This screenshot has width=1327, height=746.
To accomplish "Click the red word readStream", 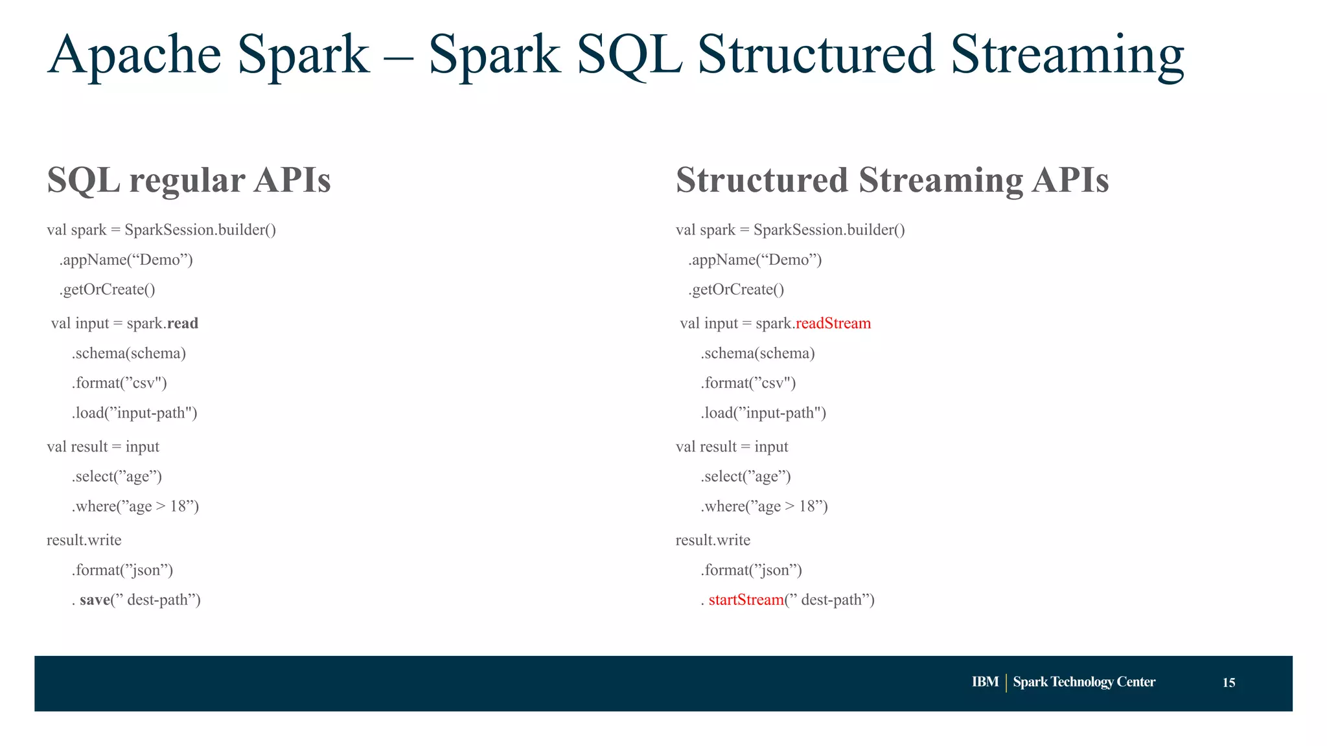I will [x=833, y=323].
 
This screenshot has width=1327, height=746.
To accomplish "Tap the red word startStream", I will [x=746, y=600].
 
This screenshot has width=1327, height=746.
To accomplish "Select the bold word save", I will [x=95, y=600].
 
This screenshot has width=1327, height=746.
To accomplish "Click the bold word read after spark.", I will [x=182, y=323].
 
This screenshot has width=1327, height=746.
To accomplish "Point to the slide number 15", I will [x=1229, y=683].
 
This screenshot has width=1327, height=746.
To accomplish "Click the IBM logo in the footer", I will [x=985, y=682].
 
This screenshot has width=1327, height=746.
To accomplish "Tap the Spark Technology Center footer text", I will [x=1084, y=682].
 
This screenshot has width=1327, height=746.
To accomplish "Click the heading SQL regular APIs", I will [x=189, y=179].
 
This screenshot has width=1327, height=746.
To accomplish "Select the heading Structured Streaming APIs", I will [x=892, y=179].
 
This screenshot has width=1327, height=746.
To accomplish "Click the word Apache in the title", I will [x=135, y=55].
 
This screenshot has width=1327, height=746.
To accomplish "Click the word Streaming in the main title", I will [x=1067, y=55].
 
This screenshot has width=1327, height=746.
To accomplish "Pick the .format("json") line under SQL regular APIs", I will [x=122, y=570].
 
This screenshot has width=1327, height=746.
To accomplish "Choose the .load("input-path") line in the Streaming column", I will [x=763, y=413].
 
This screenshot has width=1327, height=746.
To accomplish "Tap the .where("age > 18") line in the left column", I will [x=135, y=506].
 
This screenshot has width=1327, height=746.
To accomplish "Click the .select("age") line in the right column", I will [x=745, y=477].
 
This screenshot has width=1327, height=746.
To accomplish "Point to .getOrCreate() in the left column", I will [x=108, y=289].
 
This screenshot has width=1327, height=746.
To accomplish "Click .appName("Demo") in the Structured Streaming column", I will [x=755, y=260].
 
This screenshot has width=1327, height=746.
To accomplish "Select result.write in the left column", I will [x=84, y=540].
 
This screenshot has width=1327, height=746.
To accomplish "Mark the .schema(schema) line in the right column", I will [x=757, y=353].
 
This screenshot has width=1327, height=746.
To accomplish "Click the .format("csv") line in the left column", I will [x=119, y=383].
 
